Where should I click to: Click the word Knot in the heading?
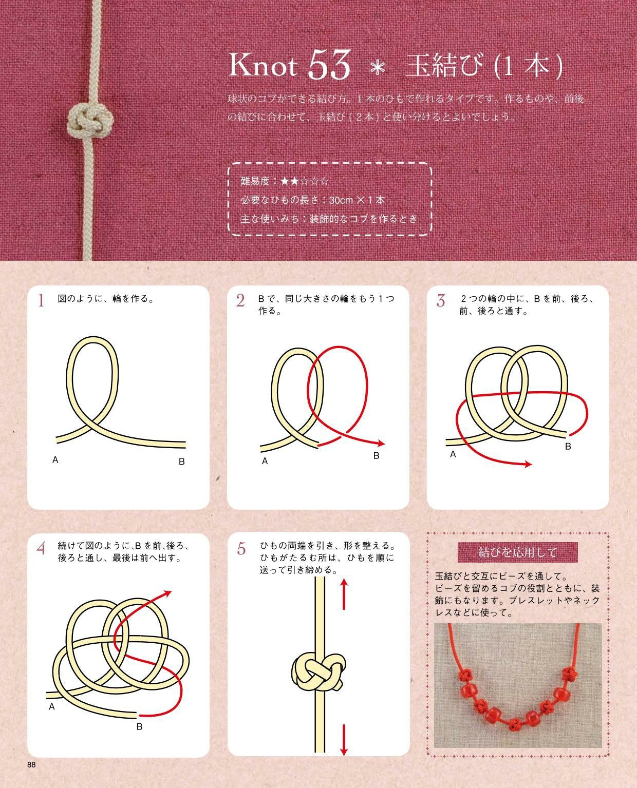[x=263, y=66]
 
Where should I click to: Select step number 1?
[x=41, y=300]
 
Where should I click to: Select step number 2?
[x=240, y=300]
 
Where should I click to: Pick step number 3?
[x=440, y=300]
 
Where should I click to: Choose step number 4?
[x=42, y=548]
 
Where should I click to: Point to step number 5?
[x=241, y=548]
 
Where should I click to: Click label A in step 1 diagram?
[x=55, y=460]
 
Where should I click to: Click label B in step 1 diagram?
[x=181, y=462]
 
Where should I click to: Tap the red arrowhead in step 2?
[x=381, y=443]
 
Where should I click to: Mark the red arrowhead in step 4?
[x=167, y=593]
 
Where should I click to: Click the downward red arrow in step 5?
[x=344, y=739]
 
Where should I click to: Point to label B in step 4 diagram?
[x=139, y=726]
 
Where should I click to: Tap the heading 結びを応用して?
[x=517, y=552]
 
